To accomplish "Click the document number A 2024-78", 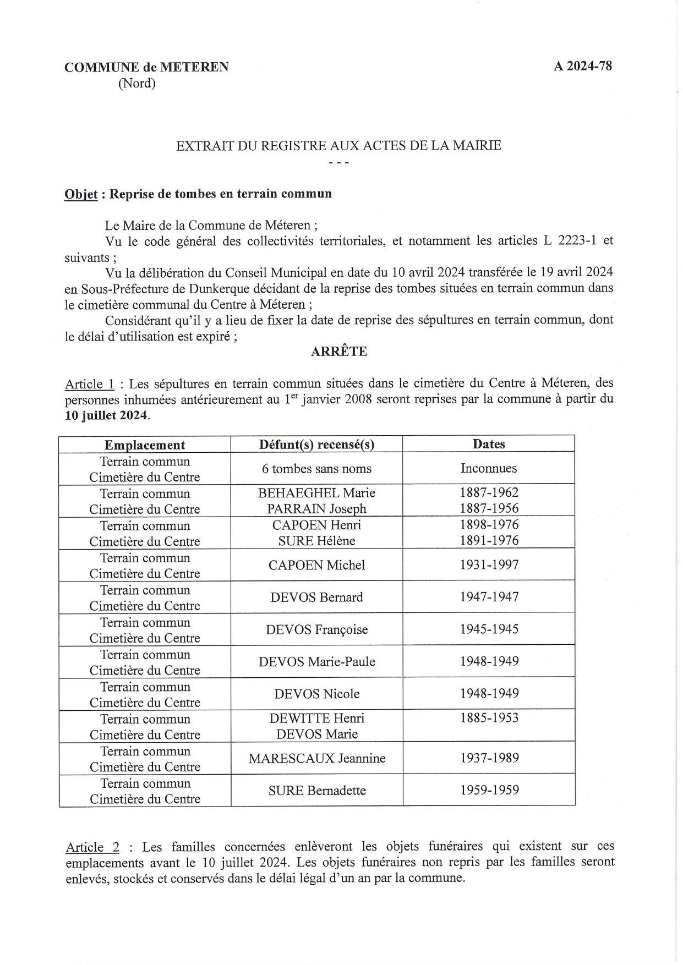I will pos(582,66).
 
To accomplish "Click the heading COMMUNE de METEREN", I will pos(146,67).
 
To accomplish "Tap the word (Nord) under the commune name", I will pos(137,84).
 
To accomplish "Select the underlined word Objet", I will pos(81,194).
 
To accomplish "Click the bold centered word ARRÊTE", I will pos(338,352).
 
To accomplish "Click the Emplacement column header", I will pos(145,445).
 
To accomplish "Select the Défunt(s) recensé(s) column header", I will pos(316,445).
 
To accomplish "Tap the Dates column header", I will pos(489,444).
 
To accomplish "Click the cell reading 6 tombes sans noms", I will pos(316,469).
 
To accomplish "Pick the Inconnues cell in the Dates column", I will pos(489,468).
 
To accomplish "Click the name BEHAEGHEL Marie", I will pos(316,493).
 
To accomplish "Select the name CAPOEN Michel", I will pos(316,565).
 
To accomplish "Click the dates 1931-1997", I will pos(489,564).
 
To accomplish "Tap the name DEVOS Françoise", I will pos(316,629).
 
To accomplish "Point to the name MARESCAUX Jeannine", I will pos(316,758).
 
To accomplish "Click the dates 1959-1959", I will pos(489,790).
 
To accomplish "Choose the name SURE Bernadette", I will pos(316,791).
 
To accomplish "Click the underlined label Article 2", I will pos(92,847).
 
